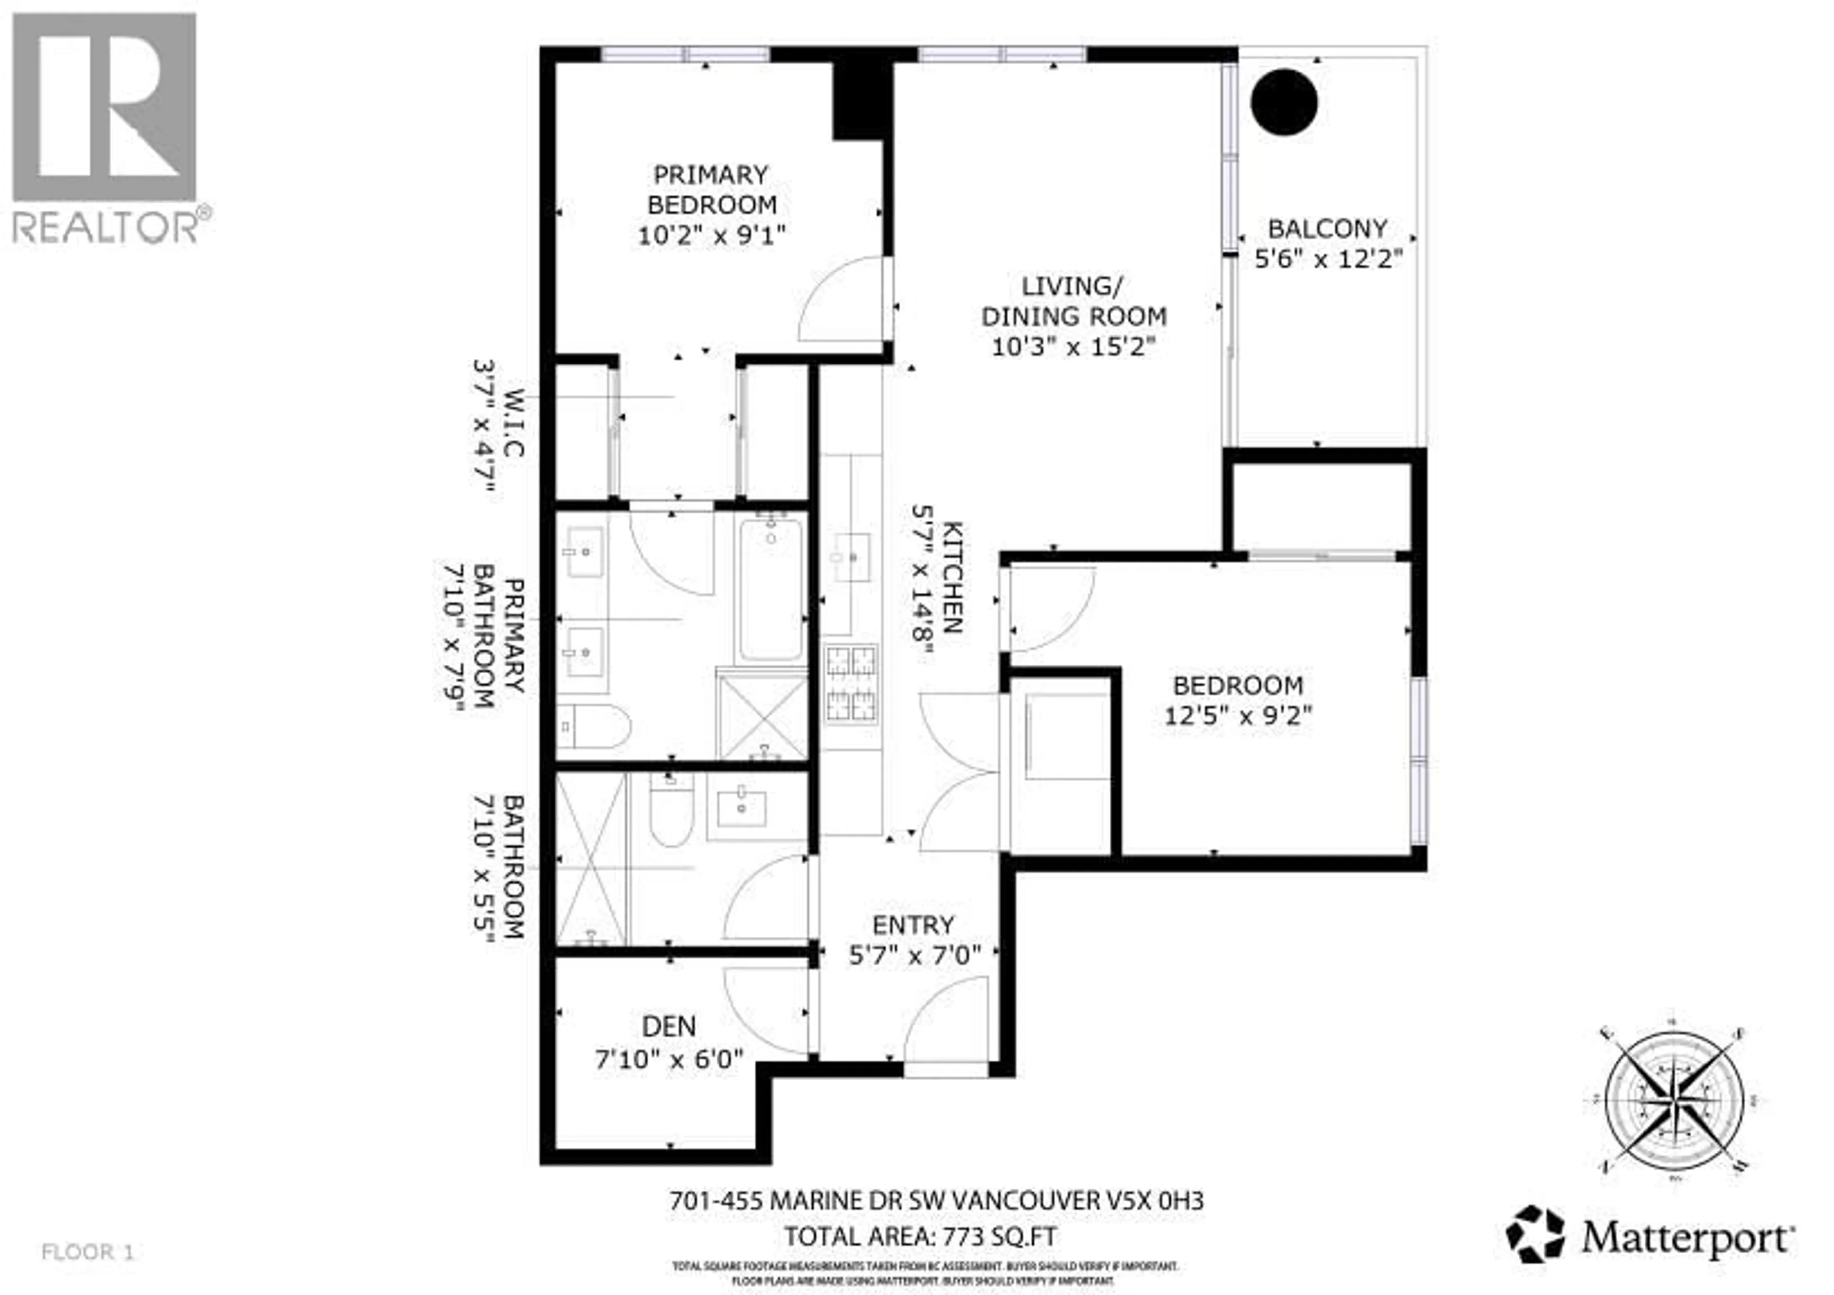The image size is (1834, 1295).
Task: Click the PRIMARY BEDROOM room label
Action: click(x=711, y=189)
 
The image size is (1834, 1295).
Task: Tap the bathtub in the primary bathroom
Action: click(x=771, y=589)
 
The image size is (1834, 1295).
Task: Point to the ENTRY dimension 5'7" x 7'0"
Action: click(x=914, y=955)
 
